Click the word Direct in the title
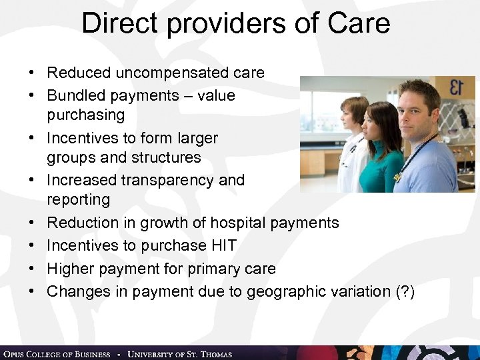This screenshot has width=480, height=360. coord(121,24)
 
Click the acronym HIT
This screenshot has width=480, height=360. coord(223,245)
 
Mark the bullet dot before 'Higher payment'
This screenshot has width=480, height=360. coord(31,269)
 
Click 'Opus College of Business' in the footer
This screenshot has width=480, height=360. coord(56,353)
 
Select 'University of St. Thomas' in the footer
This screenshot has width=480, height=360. coord(179,353)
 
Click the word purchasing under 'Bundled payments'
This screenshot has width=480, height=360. coord(86,115)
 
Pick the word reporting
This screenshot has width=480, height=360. coord(78,199)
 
